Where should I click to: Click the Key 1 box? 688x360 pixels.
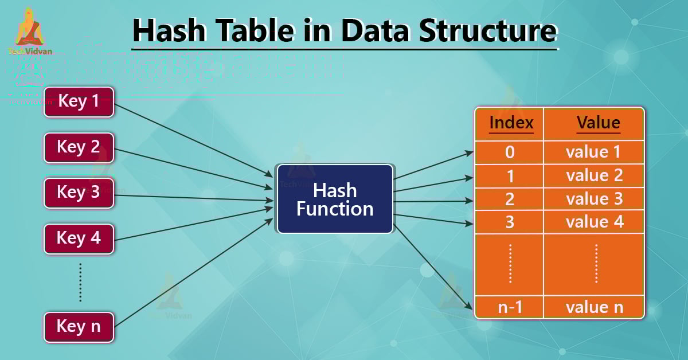(x=79, y=102)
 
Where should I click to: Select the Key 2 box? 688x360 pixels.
(x=79, y=147)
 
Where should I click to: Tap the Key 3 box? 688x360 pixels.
(x=79, y=193)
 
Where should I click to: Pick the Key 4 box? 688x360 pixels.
(x=79, y=238)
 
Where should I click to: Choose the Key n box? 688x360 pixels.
(x=79, y=327)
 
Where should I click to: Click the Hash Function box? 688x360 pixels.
(x=335, y=199)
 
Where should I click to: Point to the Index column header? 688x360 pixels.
(x=511, y=123)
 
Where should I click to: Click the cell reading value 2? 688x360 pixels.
(x=595, y=175)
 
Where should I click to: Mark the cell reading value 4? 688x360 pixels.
(x=595, y=222)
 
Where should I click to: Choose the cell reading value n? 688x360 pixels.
(x=595, y=308)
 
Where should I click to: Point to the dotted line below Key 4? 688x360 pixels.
(x=80, y=282)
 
